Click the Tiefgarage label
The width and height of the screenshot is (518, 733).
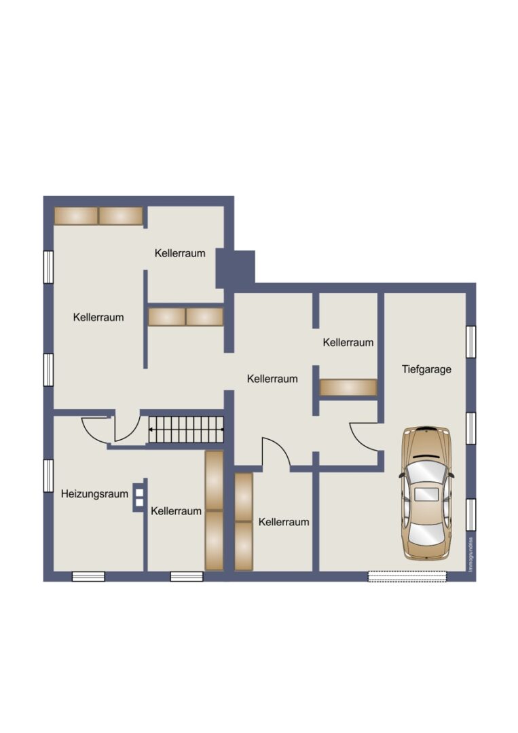(x=426, y=369)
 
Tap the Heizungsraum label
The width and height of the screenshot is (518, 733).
(x=94, y=493)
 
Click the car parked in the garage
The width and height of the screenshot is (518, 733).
(x=426, y=493)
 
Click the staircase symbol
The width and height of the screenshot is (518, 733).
(x=186, y=429)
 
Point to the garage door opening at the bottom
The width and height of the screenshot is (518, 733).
(x=407, y=576)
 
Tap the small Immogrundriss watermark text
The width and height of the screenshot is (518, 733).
(x=470, y=554)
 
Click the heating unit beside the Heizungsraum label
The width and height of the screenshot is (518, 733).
(x=139, y=497)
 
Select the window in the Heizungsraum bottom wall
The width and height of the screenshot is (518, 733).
(x=88, y=576)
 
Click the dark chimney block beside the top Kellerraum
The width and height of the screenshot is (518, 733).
(x=235, y=269)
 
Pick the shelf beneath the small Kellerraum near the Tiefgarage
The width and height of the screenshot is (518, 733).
(x=348, y=388)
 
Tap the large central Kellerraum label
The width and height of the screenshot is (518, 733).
(x=272, y=379)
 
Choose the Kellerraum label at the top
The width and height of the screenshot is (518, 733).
(x=180, y=253)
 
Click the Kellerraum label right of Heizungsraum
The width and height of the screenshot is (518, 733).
(x=176, y=512)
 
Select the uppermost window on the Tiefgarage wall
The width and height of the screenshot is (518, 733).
(x=470, y=342)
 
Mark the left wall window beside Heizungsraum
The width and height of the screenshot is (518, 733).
(x=48, y=476)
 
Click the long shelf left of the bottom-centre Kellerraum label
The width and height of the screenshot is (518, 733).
(x=244, y=522)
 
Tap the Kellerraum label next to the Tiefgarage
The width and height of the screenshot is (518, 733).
(x=348, y=343)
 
